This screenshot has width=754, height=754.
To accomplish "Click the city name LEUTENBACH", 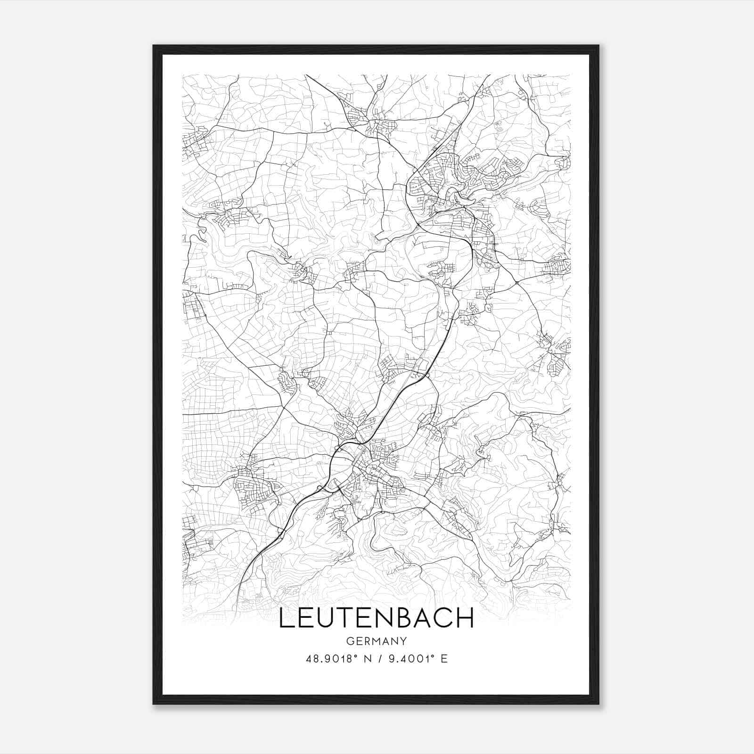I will [377, 618].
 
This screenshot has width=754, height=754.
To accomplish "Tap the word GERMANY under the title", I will [377, 641].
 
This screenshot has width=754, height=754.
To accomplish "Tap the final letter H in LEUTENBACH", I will [466, 618].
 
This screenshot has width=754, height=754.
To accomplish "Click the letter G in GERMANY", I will [349, 641].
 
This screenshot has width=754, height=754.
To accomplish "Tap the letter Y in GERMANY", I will [403, 641].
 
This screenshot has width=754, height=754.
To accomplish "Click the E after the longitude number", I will [444, 658].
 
